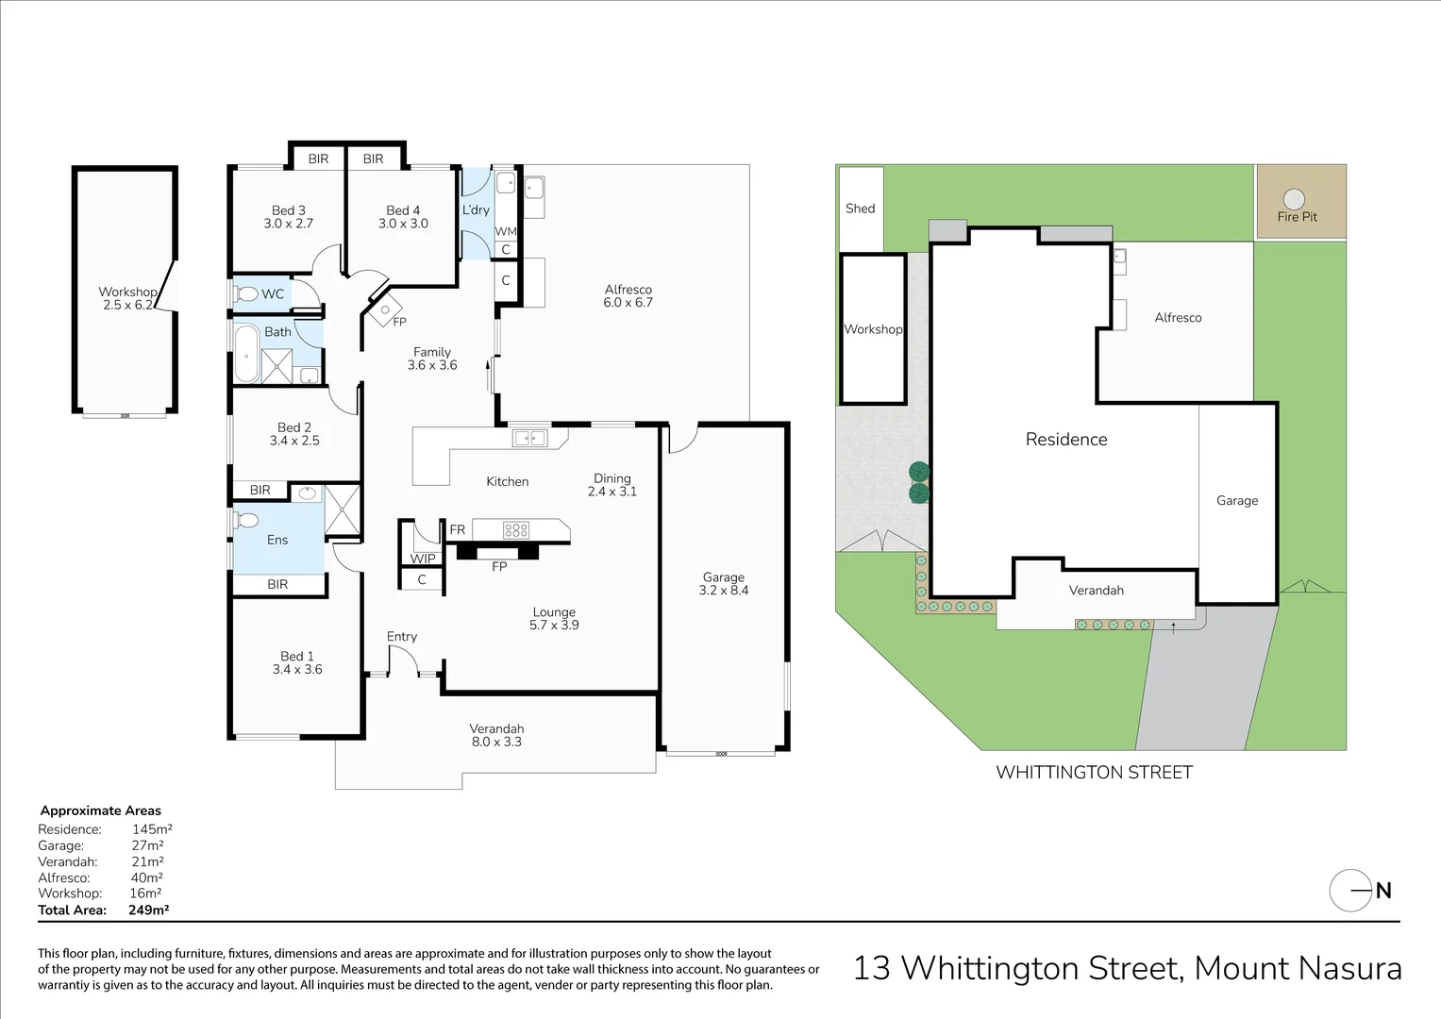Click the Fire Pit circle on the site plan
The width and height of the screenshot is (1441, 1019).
tap(1294, 199)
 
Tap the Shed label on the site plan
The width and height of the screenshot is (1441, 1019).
tap(860, 209)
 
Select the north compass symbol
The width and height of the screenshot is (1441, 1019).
tap(1350, 890)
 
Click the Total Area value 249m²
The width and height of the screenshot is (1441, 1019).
tap(148, 910)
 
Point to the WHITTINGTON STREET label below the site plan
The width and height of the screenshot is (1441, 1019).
tap(1094, 773)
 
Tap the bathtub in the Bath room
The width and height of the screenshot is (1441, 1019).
tap(246, 354)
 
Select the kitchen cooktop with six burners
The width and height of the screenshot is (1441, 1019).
tap(515, 530)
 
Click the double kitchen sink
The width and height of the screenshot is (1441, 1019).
tap(529, 438)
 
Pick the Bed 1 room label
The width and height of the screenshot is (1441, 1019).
tap(297, 656)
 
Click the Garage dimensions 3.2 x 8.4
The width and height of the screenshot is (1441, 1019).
tap(724, 591)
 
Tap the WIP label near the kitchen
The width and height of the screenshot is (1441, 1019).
tap(423, 559)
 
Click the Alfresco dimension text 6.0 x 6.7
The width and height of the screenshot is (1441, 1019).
tap(628, 303)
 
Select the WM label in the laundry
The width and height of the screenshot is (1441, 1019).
tap(506, 231)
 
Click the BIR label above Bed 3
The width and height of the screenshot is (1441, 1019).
tap(318, 159)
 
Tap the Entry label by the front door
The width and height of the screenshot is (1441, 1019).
tap(401, 637)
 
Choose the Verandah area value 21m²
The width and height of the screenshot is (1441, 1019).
tap(147, 861)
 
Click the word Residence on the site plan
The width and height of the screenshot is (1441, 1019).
tap(1066, 440)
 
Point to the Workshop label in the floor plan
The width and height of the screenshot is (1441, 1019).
tap(127, 292)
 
